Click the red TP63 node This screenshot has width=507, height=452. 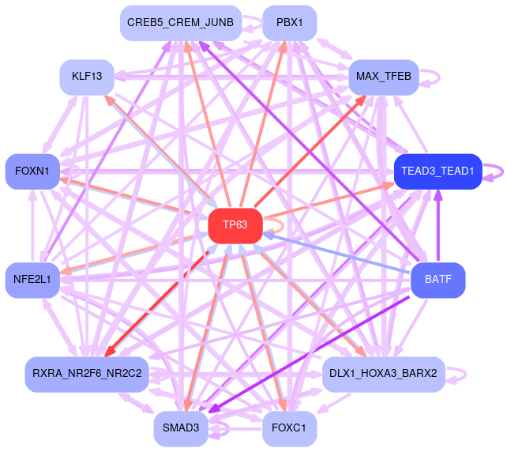coord(235,225)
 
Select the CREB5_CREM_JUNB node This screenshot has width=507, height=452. coord(180,23)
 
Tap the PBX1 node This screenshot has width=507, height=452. coord(289,23)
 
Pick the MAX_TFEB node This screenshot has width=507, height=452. coord(382,77)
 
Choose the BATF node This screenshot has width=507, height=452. coord(438,280)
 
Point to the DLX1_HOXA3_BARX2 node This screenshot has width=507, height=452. coord(383,374)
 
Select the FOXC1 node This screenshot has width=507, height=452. coord(289,428)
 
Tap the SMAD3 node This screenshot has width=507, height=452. coord(181,428)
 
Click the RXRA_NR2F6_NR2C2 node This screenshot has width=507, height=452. coord(87,374)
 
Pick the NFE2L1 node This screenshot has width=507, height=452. coord(32,280)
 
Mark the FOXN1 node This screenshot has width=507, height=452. coord(32,171)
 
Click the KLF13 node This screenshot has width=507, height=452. coord(87,77)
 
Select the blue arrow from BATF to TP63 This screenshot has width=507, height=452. coord(340,254)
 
